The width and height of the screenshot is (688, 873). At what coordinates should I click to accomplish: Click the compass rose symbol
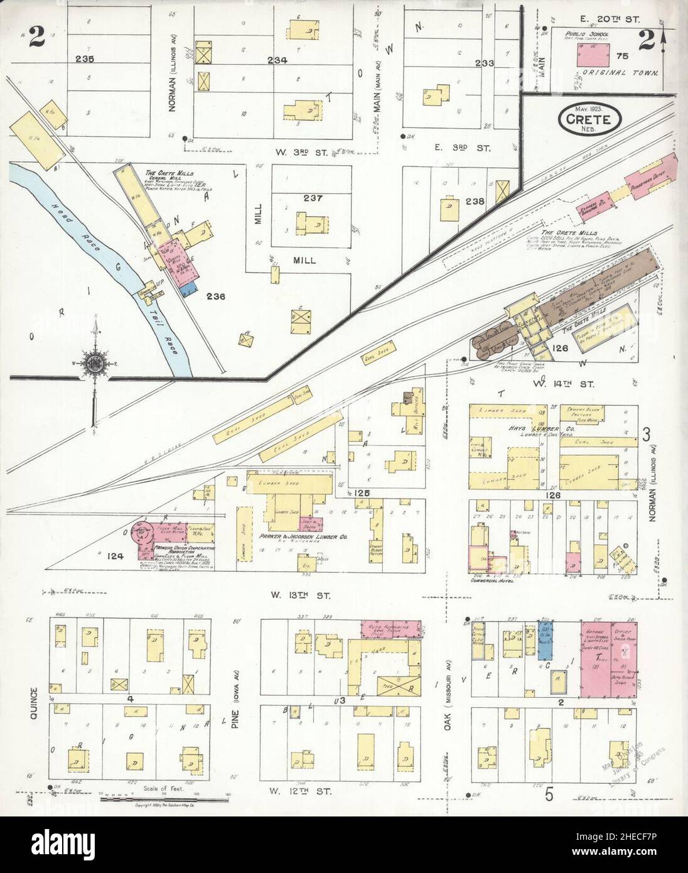pos(95,363)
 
